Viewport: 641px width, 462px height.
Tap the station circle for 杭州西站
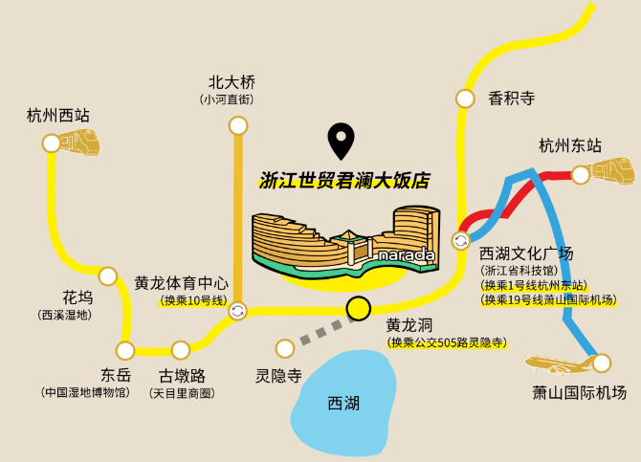52,143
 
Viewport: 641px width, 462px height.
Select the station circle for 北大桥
238,125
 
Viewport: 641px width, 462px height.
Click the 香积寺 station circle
465,99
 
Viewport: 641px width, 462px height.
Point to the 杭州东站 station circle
581,175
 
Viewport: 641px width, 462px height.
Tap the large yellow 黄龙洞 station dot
359,308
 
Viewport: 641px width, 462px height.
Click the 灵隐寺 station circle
285,349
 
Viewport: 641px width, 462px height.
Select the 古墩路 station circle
181,350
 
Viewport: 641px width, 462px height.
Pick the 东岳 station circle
125,350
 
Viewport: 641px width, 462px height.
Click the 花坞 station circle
108,276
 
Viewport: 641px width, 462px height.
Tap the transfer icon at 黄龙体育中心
237,311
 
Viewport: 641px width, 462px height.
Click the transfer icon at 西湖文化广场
461,240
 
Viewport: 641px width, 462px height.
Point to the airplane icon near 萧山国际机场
559,364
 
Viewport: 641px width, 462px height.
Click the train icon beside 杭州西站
80,143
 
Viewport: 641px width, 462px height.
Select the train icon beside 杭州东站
613,171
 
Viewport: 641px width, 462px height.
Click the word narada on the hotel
407,255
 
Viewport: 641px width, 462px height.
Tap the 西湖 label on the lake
343,404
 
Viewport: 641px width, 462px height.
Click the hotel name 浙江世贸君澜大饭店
344,180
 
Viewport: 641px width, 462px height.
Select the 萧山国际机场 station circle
602,363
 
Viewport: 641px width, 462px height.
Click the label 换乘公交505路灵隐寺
447,342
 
